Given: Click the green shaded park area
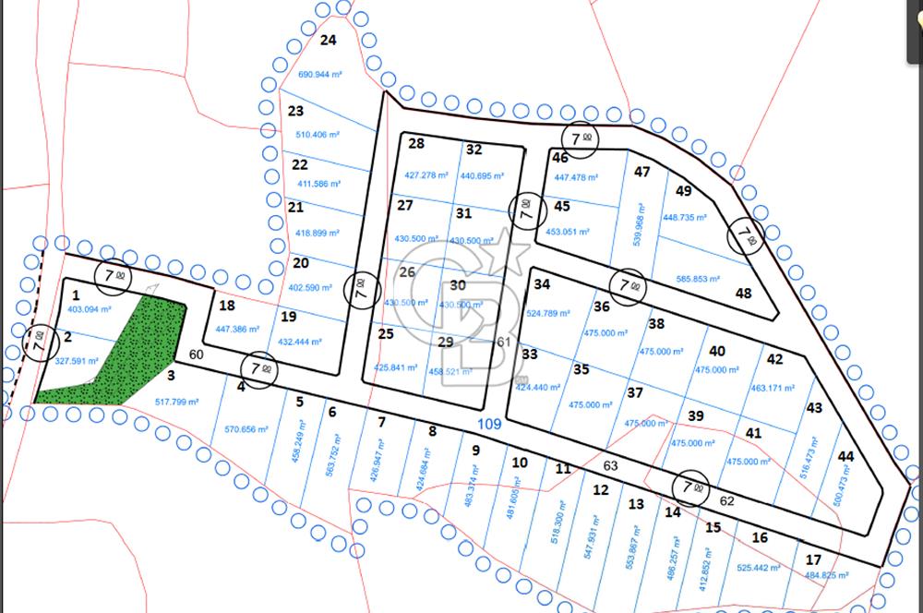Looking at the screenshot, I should click(x=129, y=355).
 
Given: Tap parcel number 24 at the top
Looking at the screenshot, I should click(x=328, y=40).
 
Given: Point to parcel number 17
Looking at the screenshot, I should click(x=813, y=559).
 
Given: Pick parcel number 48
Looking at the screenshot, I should click(x=744, y=293).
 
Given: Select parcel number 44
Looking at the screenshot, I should click(x=846, y=456).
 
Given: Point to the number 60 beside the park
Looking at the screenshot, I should click(x=196, y=355).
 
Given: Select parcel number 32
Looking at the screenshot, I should click(x=474, y=150).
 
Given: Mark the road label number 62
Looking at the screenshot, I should click(x=726, y=500).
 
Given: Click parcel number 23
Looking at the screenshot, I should click(x=296, y=112).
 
